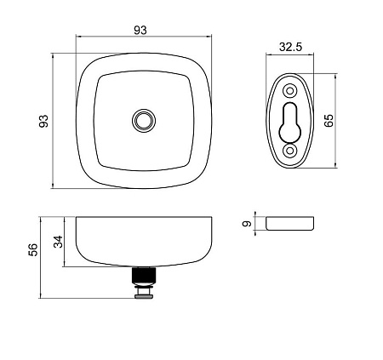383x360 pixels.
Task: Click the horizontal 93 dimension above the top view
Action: coord(140,30)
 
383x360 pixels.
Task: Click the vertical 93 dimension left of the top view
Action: coord(43,121)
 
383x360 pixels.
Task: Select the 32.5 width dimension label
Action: coord(290,47)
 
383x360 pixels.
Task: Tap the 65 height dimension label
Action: coord(329,121)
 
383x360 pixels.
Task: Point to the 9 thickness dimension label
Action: coord(247,224)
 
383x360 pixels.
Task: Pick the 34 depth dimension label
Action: coord(59,242)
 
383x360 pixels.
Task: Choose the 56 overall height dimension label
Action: coord(33,250)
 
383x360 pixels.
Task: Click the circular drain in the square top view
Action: coord(144,121)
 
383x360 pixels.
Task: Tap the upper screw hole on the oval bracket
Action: coord(289,91)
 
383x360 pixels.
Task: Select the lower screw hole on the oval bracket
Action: coord(289,151)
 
